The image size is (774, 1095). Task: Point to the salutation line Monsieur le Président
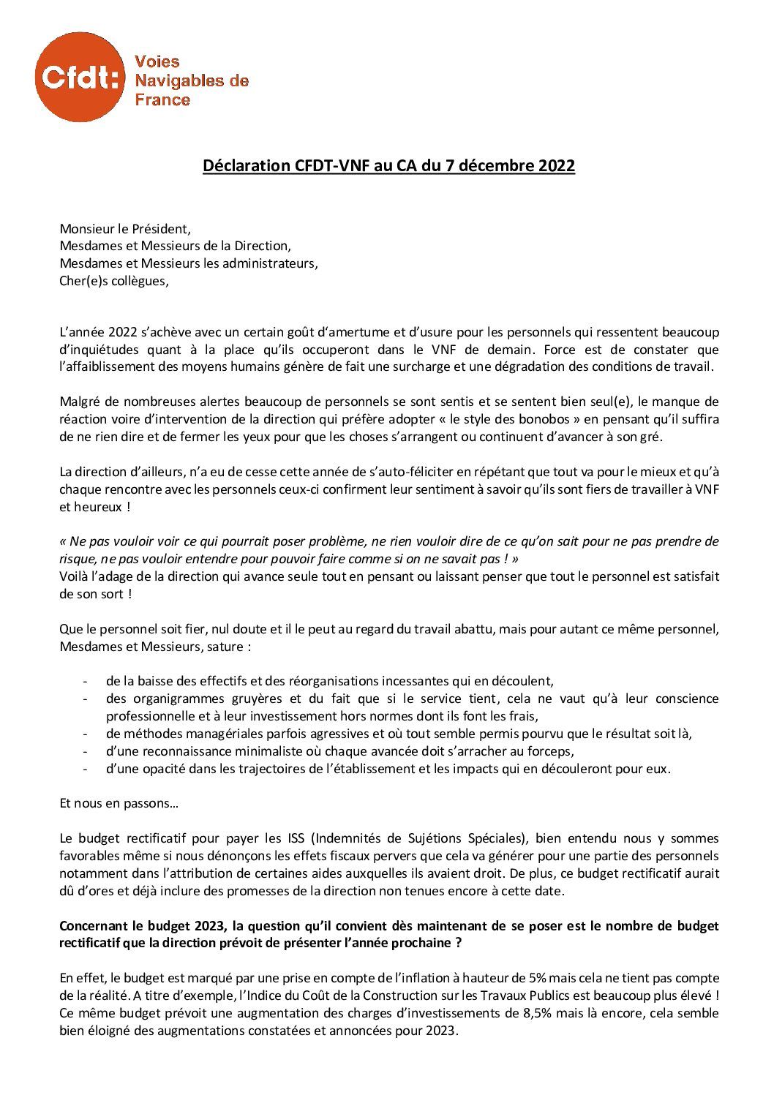128,227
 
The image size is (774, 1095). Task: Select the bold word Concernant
93,926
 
